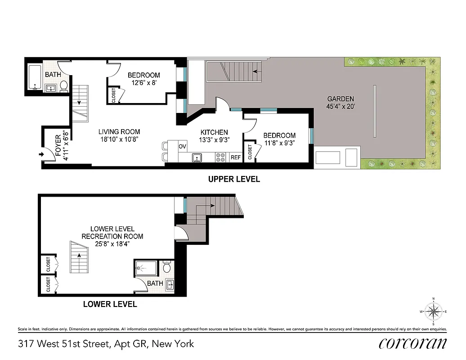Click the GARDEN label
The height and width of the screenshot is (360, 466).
[x=340, y=99]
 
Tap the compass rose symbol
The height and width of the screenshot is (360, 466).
[x=433, y=311]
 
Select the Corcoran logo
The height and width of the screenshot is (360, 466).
[x=412, y=343]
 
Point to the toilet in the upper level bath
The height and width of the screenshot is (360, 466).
[x=64, y=85]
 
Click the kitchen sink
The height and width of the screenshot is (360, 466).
[x=196, y=157]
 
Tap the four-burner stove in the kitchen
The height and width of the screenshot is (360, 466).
[x=220, y=157]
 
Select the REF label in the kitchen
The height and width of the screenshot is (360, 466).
[x=236, y=157]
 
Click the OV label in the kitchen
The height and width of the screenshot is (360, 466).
[x=182, y=146]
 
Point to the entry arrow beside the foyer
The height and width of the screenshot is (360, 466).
[x=42, y=155]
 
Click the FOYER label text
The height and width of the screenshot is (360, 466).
[x=58, y=145]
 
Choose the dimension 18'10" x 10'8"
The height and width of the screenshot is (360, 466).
[x=119, y=139]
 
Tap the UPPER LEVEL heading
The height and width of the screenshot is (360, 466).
[x=233, y=179]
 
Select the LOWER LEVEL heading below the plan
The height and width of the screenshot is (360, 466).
[x=110, y=304]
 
